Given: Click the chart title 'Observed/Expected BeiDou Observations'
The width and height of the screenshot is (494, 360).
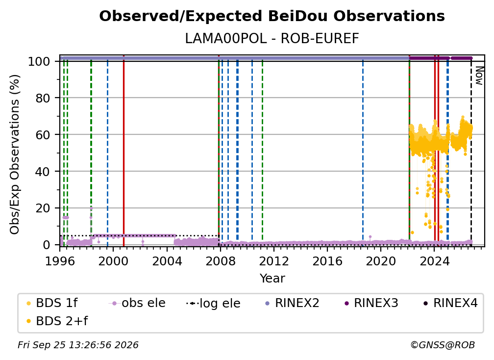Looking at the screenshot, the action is [272, 16].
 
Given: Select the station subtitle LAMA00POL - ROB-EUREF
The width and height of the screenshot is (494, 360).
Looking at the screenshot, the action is [272, 39].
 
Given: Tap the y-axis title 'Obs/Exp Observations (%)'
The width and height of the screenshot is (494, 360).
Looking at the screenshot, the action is [15, 154].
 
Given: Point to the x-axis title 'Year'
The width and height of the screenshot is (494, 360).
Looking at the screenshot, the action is [272, 279].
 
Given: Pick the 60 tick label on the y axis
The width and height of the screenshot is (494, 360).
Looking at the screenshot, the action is [43, 134].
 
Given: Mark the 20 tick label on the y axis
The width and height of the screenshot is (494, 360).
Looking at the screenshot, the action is [43, 208].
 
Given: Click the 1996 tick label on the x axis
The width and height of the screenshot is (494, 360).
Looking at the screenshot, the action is [60, 261].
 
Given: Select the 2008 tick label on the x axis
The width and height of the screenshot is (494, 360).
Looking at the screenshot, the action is [220, 261].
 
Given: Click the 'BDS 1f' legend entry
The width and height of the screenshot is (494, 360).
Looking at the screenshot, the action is [52, 303].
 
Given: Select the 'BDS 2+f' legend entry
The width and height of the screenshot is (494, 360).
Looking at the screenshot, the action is [57, 321].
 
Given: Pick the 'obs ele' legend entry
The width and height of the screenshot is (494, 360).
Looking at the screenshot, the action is [137, 303].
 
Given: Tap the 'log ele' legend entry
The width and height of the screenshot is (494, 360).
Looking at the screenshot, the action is [213, 304].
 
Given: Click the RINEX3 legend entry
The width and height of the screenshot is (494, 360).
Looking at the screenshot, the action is [371, 303].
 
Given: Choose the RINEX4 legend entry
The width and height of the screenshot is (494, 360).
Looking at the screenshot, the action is [451, 303].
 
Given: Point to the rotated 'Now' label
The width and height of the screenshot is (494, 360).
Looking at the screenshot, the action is [479, 76].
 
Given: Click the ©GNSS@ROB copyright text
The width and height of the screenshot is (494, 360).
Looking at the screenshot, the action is [443, 345].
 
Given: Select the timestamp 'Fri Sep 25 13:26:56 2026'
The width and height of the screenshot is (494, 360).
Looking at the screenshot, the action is [78, 345].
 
